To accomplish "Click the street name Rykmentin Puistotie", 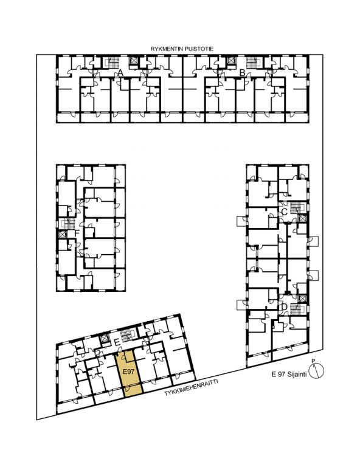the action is [x=182, y=49].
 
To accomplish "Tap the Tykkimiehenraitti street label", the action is [x=191, y=387].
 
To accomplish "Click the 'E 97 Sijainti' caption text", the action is [x=289, y=375].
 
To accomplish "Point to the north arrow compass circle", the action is [x=316, y=371].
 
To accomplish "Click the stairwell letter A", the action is [x=120, y=72].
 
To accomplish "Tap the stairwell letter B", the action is [x=242, y=72].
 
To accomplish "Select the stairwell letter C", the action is [x=284, y=212].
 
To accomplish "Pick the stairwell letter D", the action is [x=284, y=306].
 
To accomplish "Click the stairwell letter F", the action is [x=77, y=233].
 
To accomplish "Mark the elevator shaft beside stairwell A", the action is [x=133, y=61].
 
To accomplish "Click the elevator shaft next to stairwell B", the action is [x=230, y=61].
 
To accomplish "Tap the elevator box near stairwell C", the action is [x=302, y=218].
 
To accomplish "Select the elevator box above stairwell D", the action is [x=302, y=298].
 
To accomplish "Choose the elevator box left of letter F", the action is [x=62, y=234].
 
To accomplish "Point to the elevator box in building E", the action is [x=105, y=339].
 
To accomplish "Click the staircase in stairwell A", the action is [x=113, y=63].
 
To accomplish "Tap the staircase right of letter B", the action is [x=252, y=63].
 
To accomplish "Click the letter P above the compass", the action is [x=313, y=361].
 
